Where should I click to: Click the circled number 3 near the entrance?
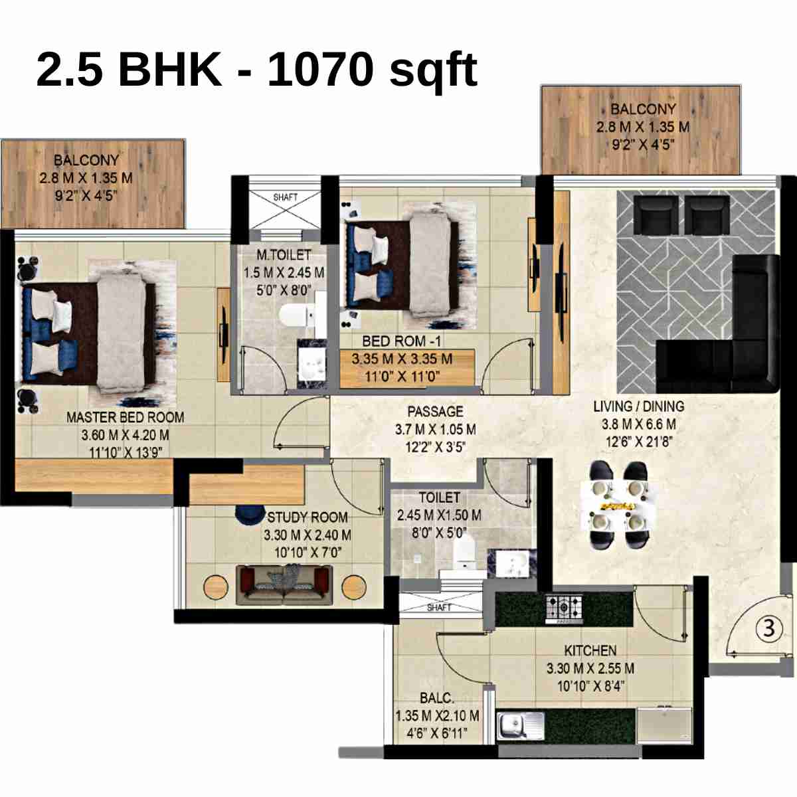pyautogui.click(x=768, y=628)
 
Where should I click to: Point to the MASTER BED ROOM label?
pyautogui.click(x=125, y=417)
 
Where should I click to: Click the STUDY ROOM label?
pyautogui.click(x=308, y=517)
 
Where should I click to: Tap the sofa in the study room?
pyautogui.click(x=284, y=584)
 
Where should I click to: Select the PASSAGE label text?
pyautogui.click(x=435, y=411)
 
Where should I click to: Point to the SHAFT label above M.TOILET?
pyautogui.click(x=285, y=197)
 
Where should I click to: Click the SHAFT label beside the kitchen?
pyautogui.click(x=439, y=607)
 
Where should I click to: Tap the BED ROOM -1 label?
pyautogui.click(x=401, y=341)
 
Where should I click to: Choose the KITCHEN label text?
pyautogui.click(x=590, y=650)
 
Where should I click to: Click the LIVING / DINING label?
pyautogui.click(x=638, y=406)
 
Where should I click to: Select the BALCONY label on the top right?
pyautogui.click(x=642, y=108)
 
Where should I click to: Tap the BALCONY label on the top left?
pyautogui.click(x=86, y=160)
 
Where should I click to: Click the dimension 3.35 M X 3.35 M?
pyautogui.click(x=402, y=359)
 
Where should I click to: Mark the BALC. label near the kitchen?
pyautogui.click(x=437, y=698)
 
